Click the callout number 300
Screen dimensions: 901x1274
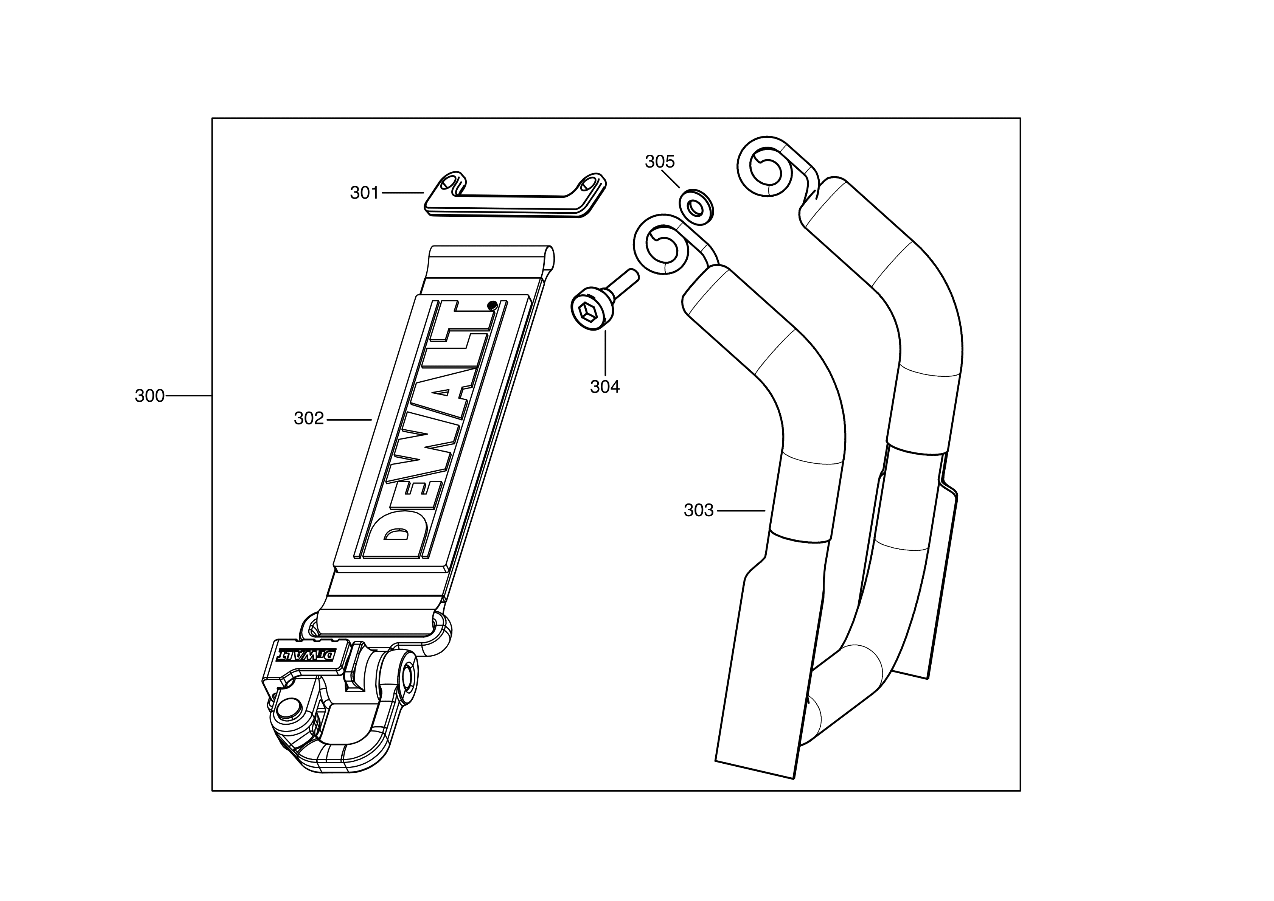point(149,396)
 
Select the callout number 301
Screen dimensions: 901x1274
point(364,193)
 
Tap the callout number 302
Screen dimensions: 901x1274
point(309,418)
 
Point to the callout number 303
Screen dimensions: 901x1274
point(698,510)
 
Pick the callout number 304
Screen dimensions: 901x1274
point(605,387)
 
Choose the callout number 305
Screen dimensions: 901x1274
point(660,162)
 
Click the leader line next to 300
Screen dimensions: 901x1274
point(189,396)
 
